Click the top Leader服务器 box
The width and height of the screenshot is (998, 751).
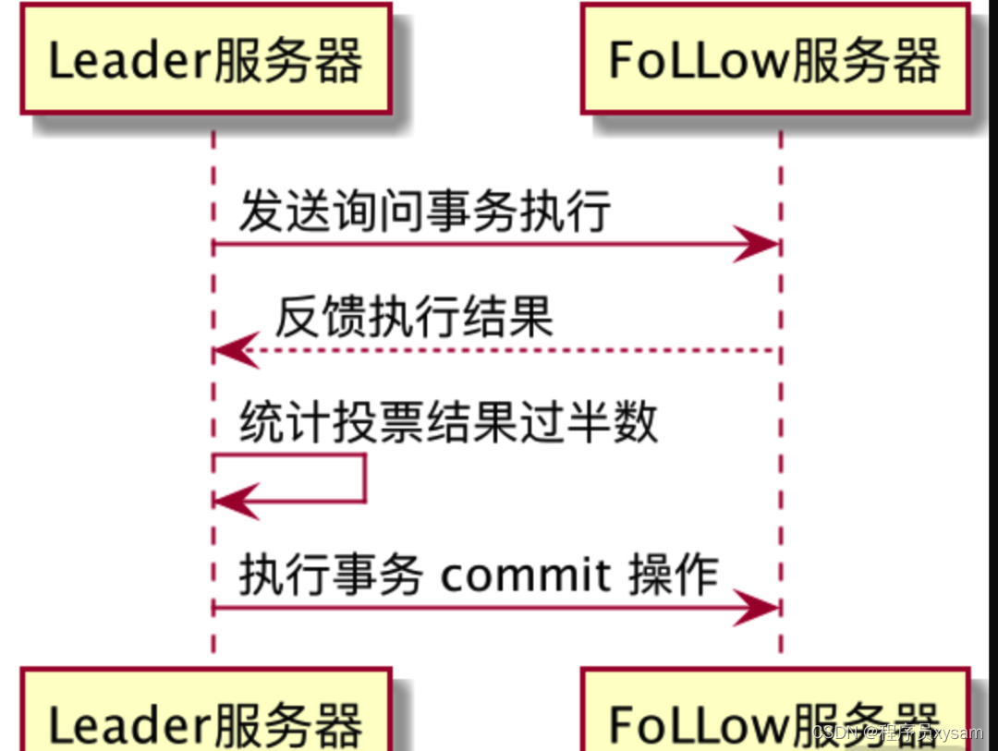tap(206, 58)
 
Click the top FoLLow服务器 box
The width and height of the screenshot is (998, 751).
tap(775, 58)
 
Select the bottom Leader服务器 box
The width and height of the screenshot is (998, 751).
tap(206, 709)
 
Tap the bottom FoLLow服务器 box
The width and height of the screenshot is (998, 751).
tap(775, 709)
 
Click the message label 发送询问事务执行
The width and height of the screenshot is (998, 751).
tap(425, 211)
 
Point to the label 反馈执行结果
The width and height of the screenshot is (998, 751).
tap(414, 316)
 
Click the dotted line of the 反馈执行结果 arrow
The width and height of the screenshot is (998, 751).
tap(496, 350)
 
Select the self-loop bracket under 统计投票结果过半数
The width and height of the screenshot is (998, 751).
tap(365, 478)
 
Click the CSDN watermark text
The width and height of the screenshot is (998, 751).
tap(897, 733)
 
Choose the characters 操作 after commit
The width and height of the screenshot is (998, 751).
tap(674, 575)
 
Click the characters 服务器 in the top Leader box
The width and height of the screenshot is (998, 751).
tap(287, 60)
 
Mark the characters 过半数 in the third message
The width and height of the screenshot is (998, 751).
tap(589, 421)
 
